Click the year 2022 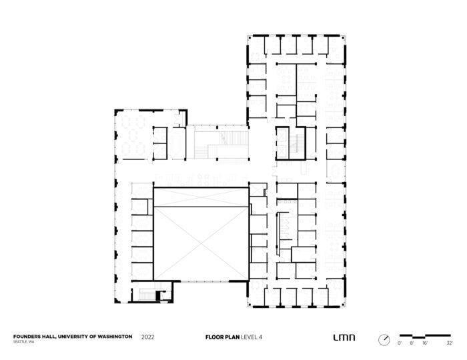(x=149, y=337)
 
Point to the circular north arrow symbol (x=383, y=339)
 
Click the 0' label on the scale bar (x=400, y=343)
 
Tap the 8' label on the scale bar (x=412, y=343)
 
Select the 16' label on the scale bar (x=425, y=343)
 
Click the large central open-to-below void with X (x=201, y=234)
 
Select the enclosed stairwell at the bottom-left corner (x=148, y=293)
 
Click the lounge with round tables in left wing (x=132, y=133)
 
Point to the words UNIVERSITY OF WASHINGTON (x=95, y=337)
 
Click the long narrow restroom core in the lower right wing (x=284, y=231)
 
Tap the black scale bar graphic (x=424, y=335)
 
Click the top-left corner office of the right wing (x=258, y=46)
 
